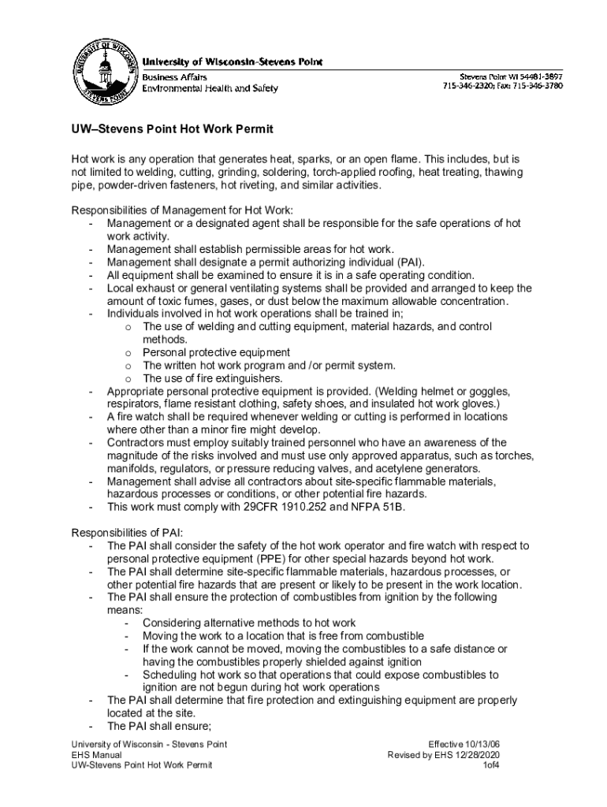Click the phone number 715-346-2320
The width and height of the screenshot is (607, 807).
tap(469, 86)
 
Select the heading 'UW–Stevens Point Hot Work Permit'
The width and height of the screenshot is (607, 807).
tap(172, 129)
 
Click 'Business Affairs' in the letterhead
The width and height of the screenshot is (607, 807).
tap(174, 77)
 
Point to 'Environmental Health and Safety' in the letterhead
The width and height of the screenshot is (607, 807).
tap(210, 88)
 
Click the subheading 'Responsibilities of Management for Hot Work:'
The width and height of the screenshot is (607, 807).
tap(182, 210)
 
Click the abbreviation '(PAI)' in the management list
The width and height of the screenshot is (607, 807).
tap(411, 262)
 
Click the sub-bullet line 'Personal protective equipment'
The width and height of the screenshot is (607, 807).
tap(216, 352)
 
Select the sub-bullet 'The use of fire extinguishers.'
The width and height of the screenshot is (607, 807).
tap(212, 378)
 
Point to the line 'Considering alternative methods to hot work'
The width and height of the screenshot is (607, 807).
tap(249, 623)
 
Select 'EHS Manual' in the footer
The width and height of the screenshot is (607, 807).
tap(94, 754)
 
